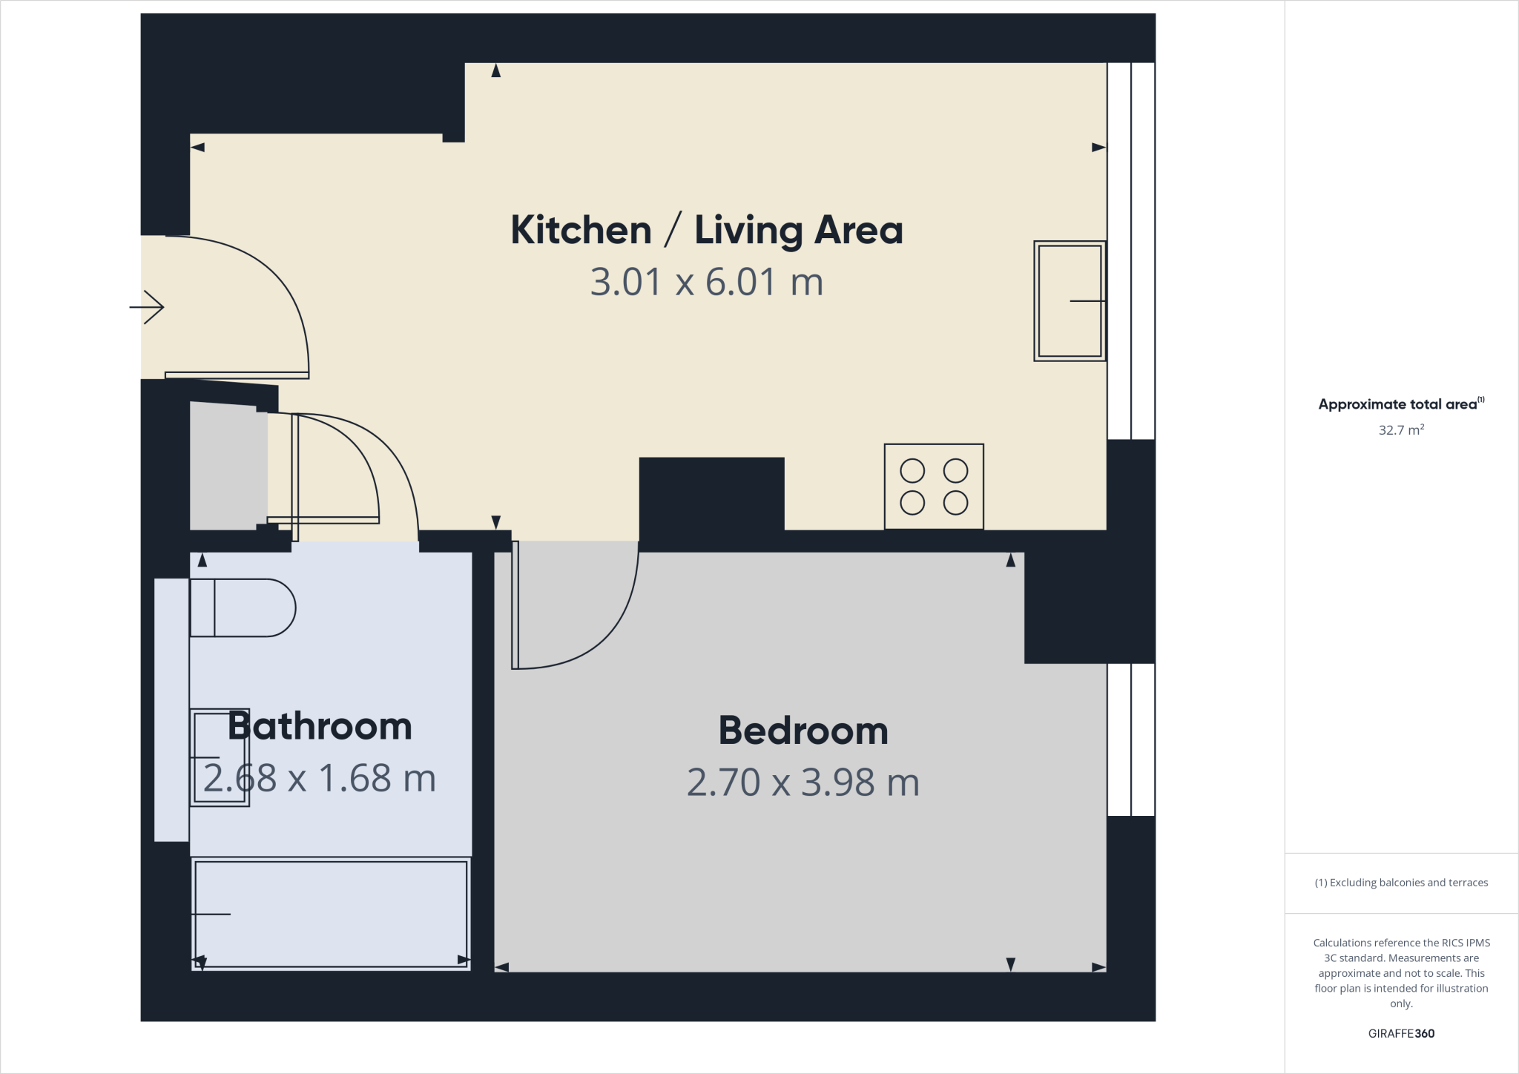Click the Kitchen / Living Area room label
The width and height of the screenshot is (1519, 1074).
706,230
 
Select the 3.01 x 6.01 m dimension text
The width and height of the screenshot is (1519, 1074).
706,283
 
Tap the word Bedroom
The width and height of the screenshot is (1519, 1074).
803,731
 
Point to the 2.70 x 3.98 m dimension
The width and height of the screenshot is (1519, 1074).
803,783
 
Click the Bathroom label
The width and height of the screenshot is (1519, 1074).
319,726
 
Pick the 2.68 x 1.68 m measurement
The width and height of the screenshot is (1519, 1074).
319,778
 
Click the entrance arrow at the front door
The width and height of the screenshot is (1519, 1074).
147,307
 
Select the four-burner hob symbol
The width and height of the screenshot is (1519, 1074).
934,487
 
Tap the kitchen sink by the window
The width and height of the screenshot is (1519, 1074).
1069,301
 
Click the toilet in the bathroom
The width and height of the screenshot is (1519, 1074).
242,607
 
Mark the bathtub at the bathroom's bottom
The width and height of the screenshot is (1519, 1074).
331,914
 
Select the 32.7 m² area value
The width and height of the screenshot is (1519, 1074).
1400,430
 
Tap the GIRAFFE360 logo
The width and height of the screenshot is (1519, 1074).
1400,1033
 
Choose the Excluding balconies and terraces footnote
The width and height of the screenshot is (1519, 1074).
1400,883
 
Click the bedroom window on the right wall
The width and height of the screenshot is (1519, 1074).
1131,739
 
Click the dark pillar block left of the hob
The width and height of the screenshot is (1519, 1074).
711,493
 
